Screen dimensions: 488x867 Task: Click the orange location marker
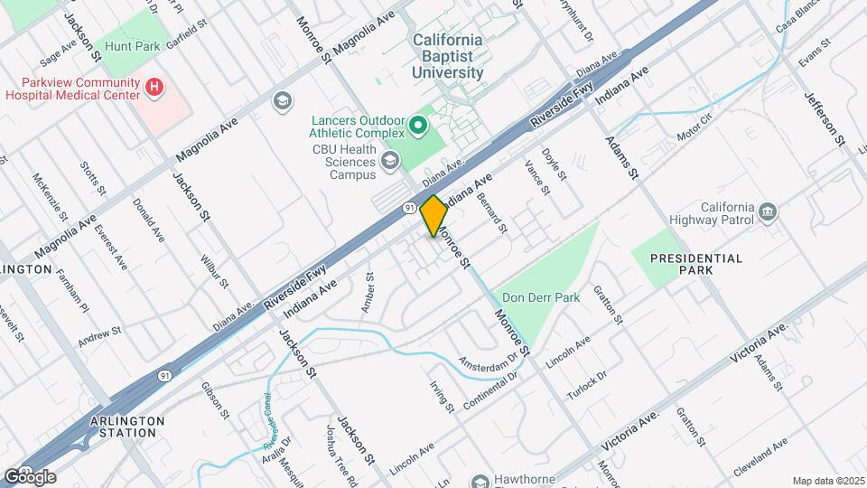click(433, 216)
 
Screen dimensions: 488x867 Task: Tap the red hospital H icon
click(155, 88)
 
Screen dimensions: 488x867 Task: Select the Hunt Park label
click(126, 45)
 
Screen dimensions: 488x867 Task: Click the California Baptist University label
click(448, 56)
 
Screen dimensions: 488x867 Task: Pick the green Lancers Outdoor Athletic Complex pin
click(419, 125)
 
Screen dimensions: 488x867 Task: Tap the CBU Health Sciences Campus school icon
click(390, 161)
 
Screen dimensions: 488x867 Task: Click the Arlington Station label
click(127, 427)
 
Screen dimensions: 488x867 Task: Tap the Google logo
click(30, 476)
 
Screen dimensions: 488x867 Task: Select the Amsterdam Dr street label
click(488, 361)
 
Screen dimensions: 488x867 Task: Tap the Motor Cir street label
click(695, 127)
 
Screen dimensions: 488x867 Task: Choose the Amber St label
click(368, 292)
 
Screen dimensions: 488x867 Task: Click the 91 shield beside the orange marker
click(410, 208)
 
